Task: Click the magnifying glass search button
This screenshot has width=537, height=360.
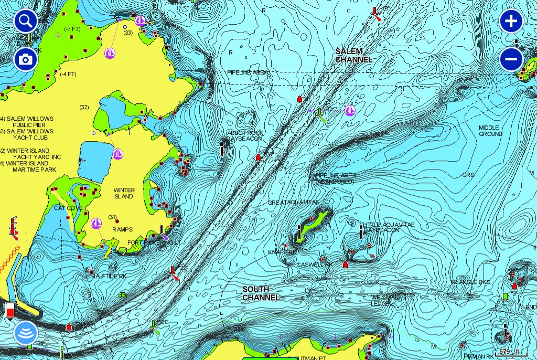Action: point(25,22)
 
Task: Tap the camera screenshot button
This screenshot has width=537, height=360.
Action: point(25,60)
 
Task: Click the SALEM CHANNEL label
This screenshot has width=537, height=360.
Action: point(353,55)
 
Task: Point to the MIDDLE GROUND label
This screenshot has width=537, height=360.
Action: point(490,131)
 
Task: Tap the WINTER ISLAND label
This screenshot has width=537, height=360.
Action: point(124,193)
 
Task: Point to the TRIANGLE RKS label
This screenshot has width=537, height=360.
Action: point(470,282)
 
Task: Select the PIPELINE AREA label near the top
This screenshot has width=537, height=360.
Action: point(248,72)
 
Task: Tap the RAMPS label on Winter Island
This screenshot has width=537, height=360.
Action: point(122,229)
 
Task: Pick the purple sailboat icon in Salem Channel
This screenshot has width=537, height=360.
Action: point(350,110)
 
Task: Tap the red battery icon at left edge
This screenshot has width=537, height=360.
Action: point(10,310)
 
